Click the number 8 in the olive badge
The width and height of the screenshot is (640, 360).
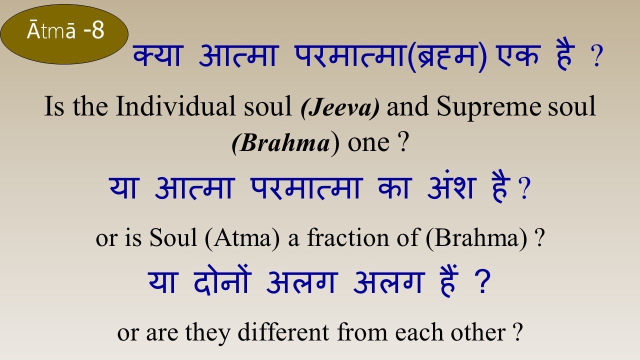tap(98, 31)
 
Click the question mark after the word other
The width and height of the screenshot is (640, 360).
tap(517, 332)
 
